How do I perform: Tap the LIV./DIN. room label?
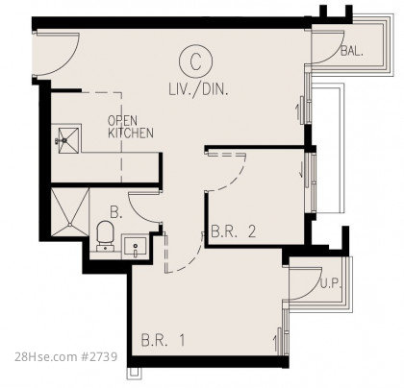(x=199, y=89)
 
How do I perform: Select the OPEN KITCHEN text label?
(x=130, y=127)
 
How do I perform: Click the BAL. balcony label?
(x=352, y=51)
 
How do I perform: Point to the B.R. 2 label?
(x=234, y=231)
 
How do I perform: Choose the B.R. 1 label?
(x=164, y=340)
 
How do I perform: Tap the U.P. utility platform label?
(x=331, y=283)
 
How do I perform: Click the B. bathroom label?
(x=116, y=212)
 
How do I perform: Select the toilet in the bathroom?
(x=105, y=236)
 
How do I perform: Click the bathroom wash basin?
(x=135, y=247)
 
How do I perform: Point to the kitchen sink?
(x=66, y=139)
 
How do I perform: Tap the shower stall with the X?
(x=70, y=212)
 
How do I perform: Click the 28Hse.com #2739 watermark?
(x=66, y=356)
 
